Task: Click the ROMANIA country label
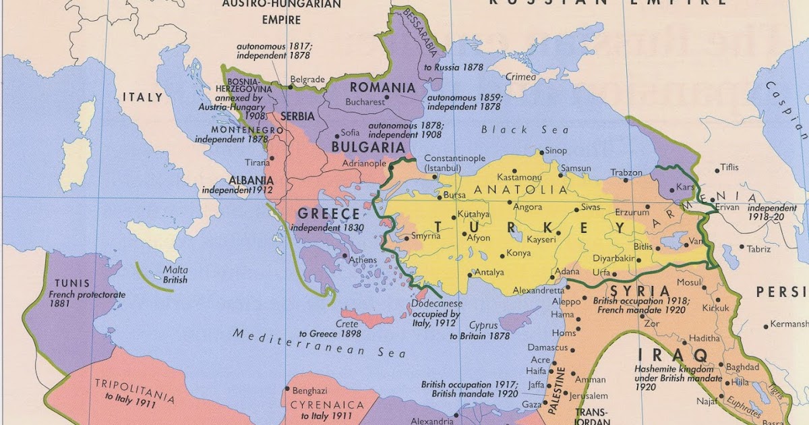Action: pos(382,88)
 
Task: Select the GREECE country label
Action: pos(329,214)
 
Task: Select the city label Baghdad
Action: pos(744,366)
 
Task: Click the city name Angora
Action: pos(528,207)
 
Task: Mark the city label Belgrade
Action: pos(307,79)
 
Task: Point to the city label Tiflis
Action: pos(729,167)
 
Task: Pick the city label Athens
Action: pos(363,260)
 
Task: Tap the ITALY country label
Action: pos(142,97)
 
